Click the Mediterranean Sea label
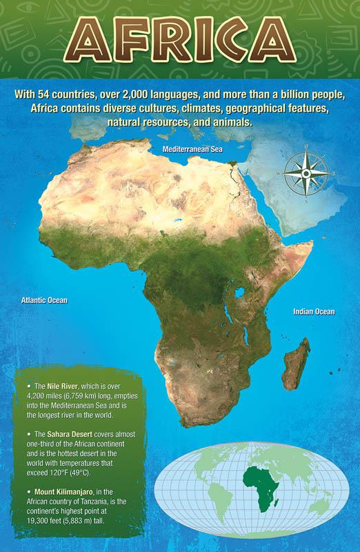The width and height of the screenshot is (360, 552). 192,149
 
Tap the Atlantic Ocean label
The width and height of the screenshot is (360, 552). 44,301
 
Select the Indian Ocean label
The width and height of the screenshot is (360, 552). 313,312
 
